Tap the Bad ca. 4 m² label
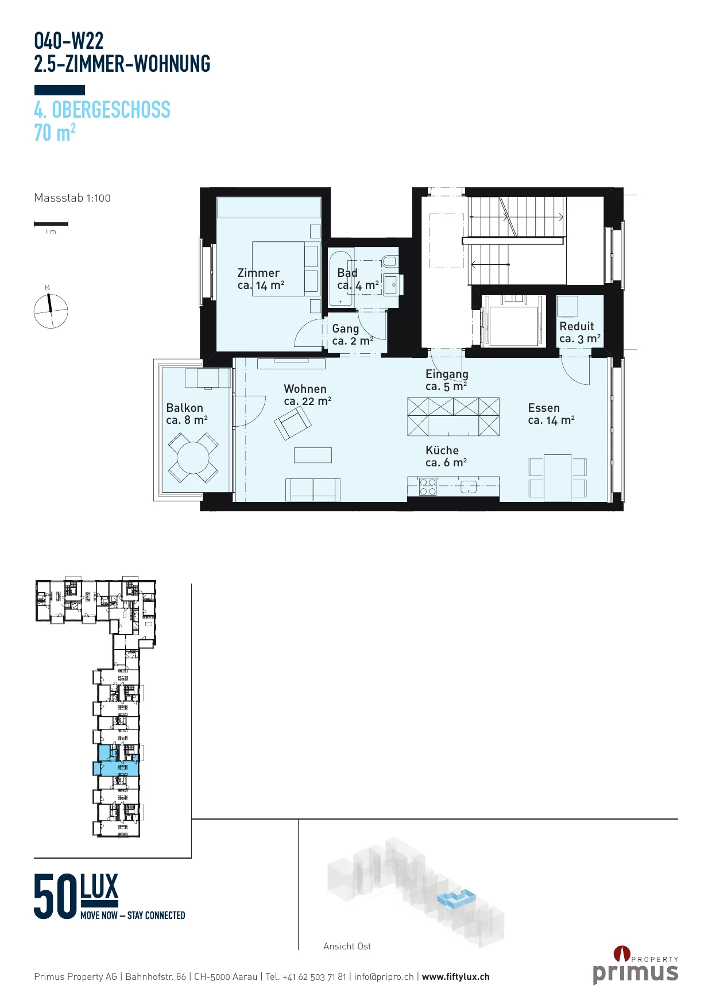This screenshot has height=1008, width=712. (358, 279)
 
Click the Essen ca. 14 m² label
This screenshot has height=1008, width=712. (551, 414)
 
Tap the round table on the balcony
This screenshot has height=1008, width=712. (193, 458)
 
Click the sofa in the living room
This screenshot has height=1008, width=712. (313, 489)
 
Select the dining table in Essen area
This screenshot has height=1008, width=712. (558, 477)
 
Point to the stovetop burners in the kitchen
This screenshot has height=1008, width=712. (428, 487)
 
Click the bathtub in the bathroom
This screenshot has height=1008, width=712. (340, 278)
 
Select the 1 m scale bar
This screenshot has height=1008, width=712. (51, 223)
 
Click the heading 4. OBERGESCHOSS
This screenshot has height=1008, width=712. (102, 110)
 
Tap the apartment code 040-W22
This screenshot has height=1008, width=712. (69, 41)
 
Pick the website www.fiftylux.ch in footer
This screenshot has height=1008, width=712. (456, 976)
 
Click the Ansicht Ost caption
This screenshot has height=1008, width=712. (347, 946)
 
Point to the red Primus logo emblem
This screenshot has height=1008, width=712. (622, 953)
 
